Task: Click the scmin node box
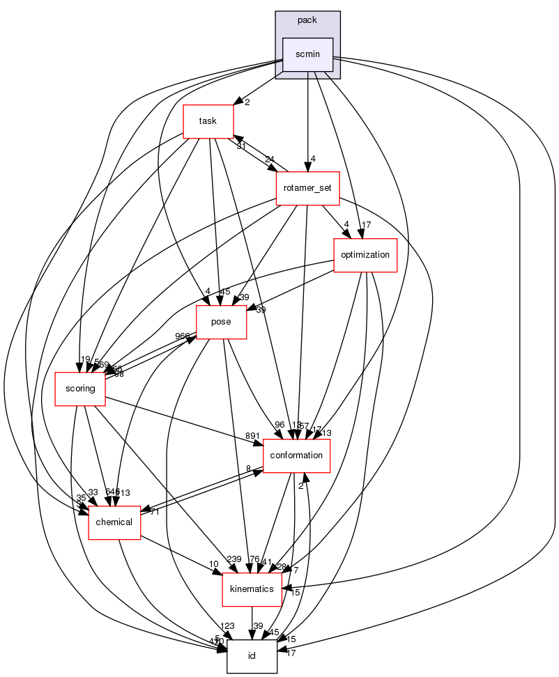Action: [x=307, y=54]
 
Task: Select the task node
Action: [x=207, y=121]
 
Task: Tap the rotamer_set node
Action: [x=307, y=188]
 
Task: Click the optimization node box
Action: [x=365, y=255]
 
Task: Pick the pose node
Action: [x=221, y=322]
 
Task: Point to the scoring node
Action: [x=80, y=389]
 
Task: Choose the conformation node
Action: [x=296, y=456]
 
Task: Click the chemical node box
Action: [x=114, y=522]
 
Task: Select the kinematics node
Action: [x=252, y=589]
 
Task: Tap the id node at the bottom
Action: [x=252, y=656]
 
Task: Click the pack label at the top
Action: [x=307, y=20]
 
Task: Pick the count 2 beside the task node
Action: [x=247, y=102]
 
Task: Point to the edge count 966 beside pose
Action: [x=182, y=336]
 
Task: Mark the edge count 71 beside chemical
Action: [x=154, y=511]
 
